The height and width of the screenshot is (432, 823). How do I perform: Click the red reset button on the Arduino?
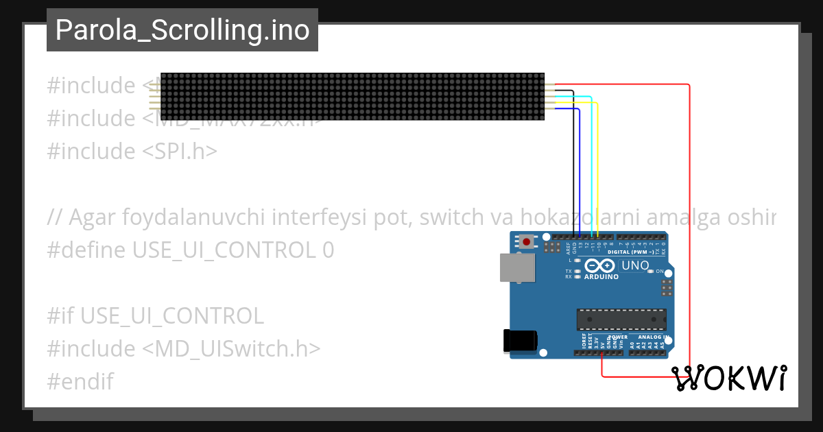click(527, 241)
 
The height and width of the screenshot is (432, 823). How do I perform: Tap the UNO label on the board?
click(634, 265)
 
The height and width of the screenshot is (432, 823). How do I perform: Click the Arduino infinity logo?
click(601, 266)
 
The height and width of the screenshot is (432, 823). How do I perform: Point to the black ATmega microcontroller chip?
click(621, 320)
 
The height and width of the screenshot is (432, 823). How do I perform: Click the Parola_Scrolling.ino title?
click(182, 31)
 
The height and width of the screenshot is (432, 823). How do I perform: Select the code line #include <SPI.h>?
click(132, 151)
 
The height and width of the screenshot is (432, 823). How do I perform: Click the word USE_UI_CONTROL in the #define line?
click(224, 250)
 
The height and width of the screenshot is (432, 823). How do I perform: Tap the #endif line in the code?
click(80, 381)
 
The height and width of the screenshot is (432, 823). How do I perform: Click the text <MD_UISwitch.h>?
click(231, 348)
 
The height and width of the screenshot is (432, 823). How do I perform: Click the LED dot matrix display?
click(353, 97)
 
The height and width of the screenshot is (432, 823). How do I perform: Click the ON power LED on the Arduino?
click(650, 272)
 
